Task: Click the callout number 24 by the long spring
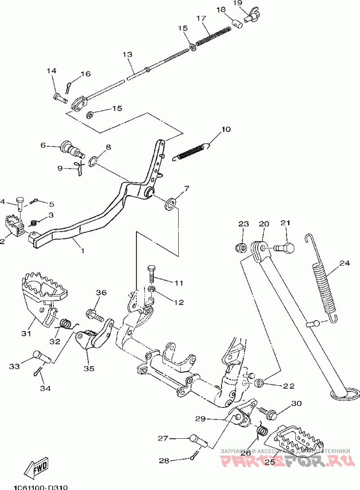[x=344, y=263]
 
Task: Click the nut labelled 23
[x=241, y=247]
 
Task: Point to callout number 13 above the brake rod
[x=127, y=54]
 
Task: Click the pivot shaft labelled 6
[x=70, y=148]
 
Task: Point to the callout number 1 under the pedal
[x=82, y=250]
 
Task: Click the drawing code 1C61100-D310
[x=40, y=486]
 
